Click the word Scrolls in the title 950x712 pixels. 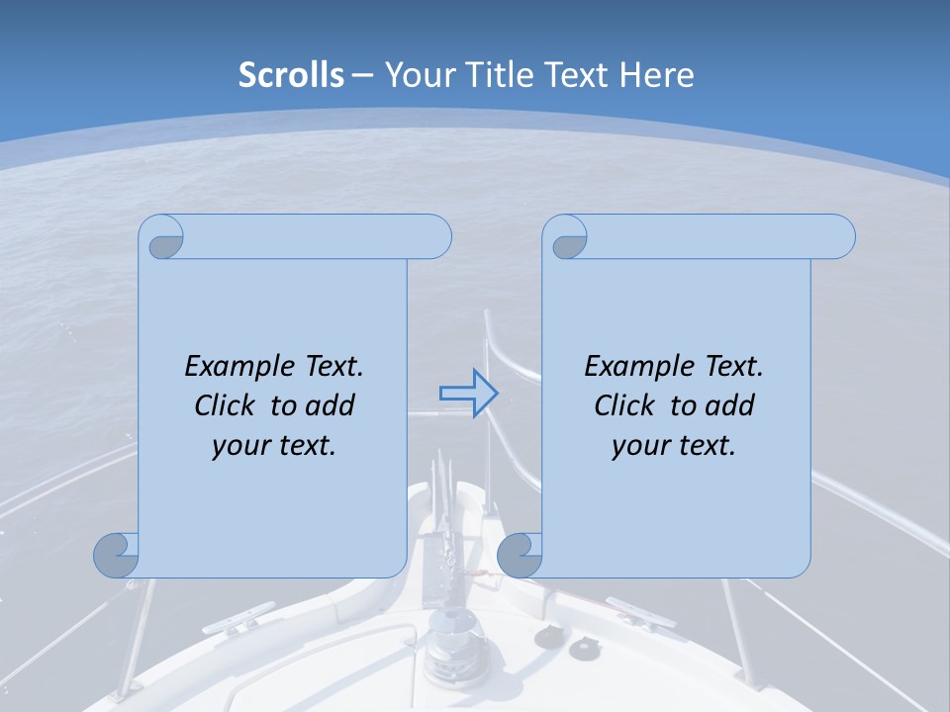291,75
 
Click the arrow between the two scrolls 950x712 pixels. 468,394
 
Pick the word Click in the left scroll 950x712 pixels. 230,405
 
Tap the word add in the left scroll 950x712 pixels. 328,405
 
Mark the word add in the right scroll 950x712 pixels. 727,405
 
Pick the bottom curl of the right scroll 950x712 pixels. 520,554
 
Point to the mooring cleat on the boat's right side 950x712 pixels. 638,613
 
